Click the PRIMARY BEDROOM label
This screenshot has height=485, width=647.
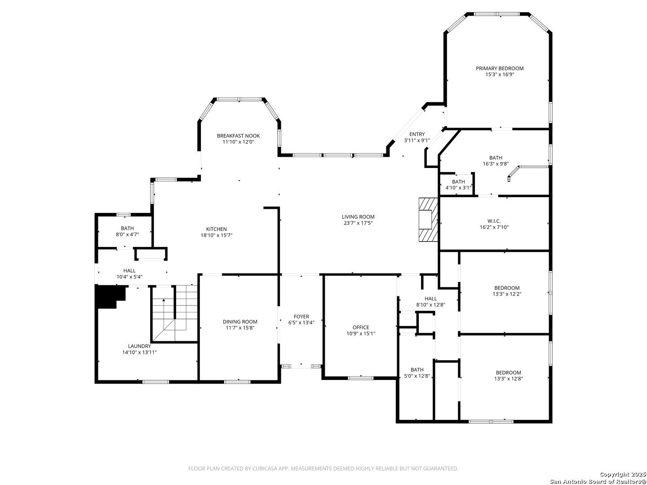(x=500, y=68)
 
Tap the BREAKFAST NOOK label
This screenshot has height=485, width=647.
(x=238, y=136)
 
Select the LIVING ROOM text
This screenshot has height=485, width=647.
(x=358, y=217)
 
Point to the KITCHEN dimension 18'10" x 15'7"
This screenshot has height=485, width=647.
(x=217, y=235)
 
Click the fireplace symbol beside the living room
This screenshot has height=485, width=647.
(x=428, y=220)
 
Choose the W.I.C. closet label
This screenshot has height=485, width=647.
(x=494, y=221)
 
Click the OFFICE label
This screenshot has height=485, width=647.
(x=361, y=327)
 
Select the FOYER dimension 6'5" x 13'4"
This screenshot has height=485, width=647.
(x=301, y=322)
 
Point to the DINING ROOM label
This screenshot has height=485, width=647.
(x=240, y=322)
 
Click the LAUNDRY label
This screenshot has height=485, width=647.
(x=139, y=346)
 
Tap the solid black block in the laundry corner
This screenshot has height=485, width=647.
(x=110, y=296)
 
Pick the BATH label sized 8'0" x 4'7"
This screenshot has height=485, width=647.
(x=127, y=228)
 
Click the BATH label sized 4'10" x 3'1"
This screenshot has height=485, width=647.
(x=458, y=182)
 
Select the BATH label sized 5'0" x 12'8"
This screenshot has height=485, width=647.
(x=417, y=370)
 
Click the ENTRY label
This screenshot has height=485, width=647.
(x=417, y=134)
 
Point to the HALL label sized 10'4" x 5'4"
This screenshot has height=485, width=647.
(x=129, y=271)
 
